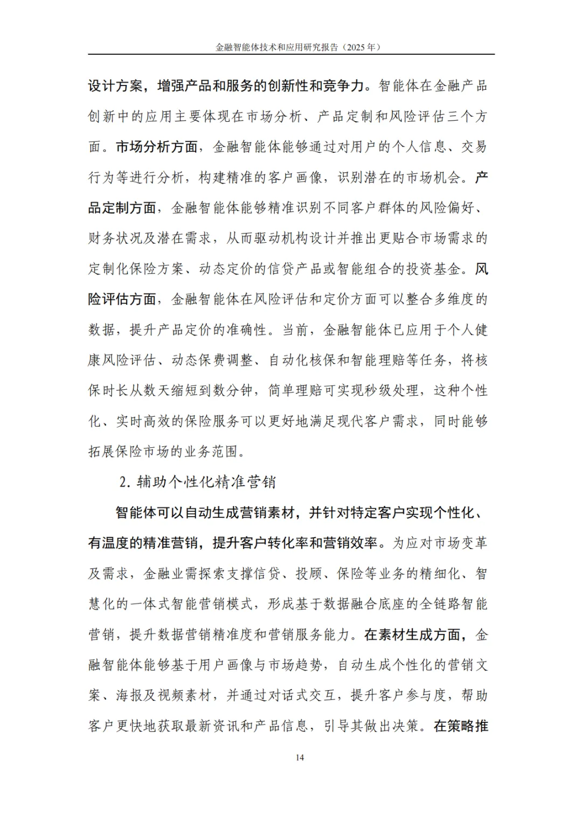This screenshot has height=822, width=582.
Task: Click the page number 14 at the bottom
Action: pos(300,757)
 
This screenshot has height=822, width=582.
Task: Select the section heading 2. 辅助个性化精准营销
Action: pos(197,481)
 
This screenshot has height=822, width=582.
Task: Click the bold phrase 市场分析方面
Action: pos(157,146)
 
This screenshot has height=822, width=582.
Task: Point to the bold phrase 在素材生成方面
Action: pos(413,635)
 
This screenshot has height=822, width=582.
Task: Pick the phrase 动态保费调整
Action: pos(212,360)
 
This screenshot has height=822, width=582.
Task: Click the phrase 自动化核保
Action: pos(302,360)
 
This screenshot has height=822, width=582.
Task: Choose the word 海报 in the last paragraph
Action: pos(129,695)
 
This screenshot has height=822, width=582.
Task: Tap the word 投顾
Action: pos(309,574)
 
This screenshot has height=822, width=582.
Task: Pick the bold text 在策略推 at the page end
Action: pos(461,726)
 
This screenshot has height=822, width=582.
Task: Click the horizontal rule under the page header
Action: pos(291,54)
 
